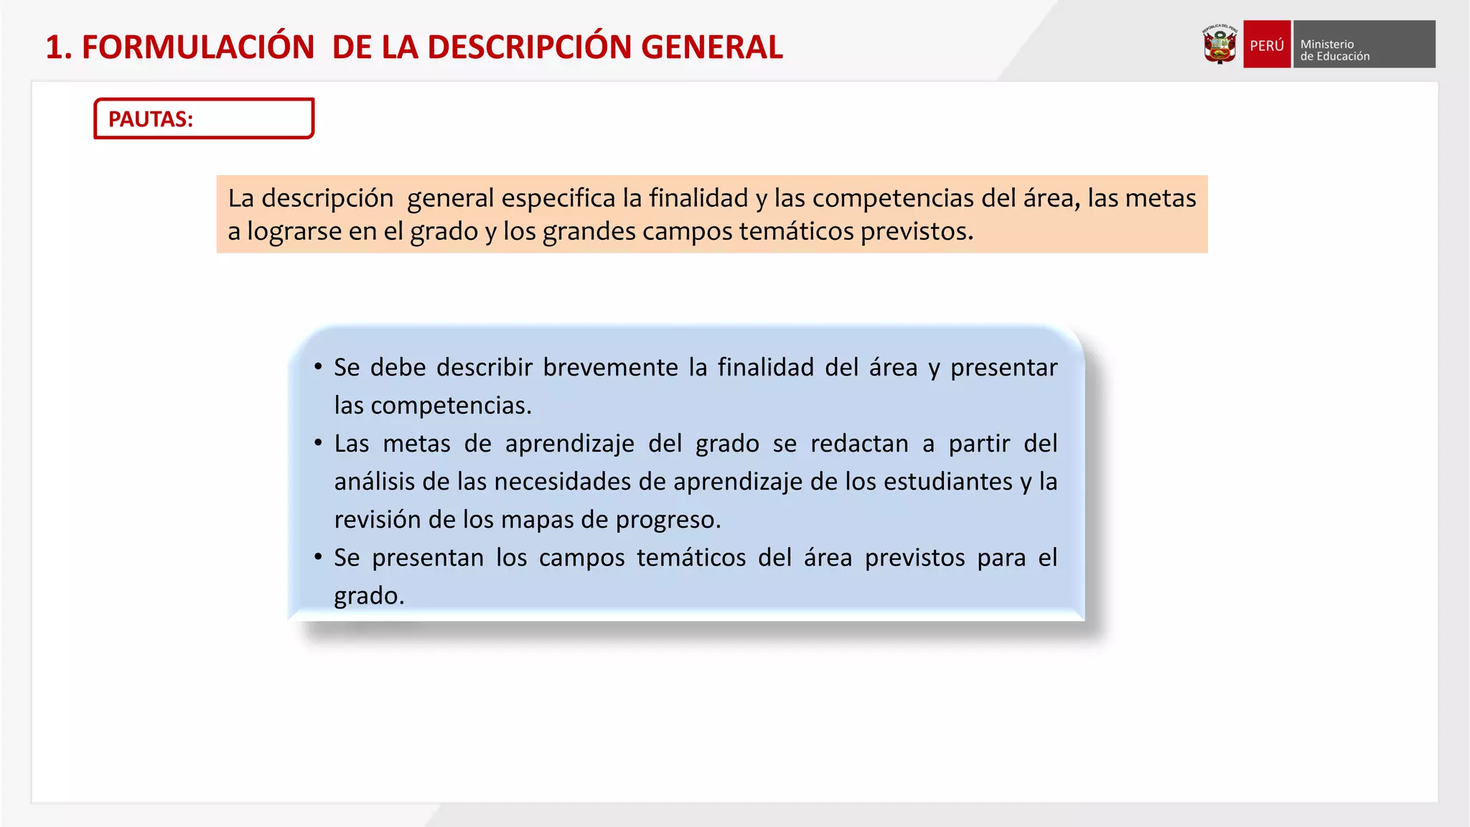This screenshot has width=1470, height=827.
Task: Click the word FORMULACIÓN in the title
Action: tap(198, 47)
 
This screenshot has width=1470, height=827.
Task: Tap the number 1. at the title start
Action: tap(59, 47)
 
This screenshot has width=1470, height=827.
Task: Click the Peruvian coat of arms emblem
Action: tap(1219, 45)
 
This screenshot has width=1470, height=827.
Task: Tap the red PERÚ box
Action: tap(1266, 45)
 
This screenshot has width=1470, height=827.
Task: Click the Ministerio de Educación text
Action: tap(1334, 50)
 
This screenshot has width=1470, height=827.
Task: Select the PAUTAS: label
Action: tap(151, 119)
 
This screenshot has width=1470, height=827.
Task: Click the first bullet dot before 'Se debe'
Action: tap(318, 367)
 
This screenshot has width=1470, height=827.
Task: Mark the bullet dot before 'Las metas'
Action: tap(318, 443)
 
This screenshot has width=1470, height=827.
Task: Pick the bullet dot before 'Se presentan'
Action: tap(318, 557)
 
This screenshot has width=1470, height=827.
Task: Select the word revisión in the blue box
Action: tap(378, 520)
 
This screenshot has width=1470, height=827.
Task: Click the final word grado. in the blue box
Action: tap(369, 596)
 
